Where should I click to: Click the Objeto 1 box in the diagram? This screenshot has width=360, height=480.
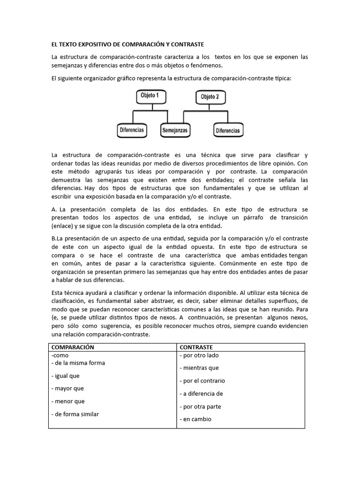pyautogui.click(x=150, y=96)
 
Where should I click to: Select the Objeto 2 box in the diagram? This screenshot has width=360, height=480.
pyautogui.click(x=210, y=97)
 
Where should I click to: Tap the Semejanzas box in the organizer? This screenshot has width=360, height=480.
pyautogui.click(x=174, y=130)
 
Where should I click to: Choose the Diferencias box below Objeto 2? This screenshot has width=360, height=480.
pyautogui.click(x=227, y=131)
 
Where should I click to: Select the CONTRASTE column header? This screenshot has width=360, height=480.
pyautogui.click(x=196, y=347)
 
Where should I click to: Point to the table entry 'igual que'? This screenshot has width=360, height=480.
pyautogui.click(x=67, y=376)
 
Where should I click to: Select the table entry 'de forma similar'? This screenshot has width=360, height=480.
pyautogui.click(x=77, y=414)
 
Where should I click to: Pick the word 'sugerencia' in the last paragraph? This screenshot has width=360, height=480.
pyautogui.click(x=112, y=325)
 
